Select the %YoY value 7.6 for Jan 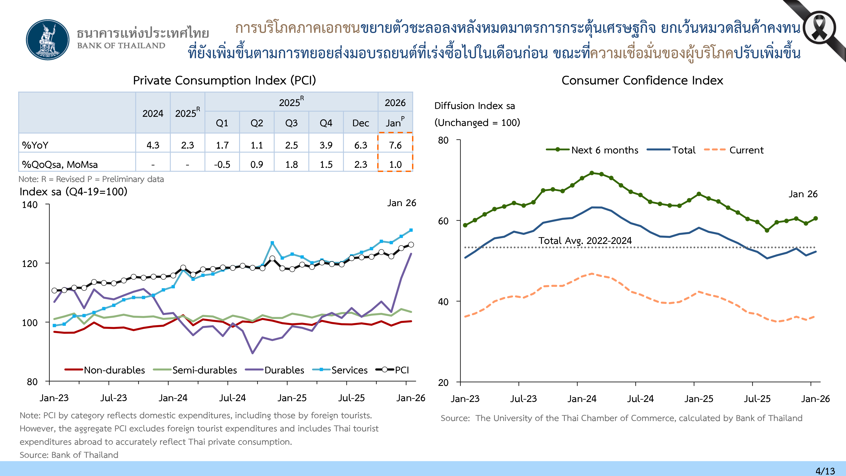(x=395, y=145)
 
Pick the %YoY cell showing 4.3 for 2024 (x=153, y=145)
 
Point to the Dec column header (x=361, y=123)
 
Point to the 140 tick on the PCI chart (x=30, y=205)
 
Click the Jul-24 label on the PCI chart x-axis (x=232, y=398)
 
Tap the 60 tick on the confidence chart (x=443, y=221)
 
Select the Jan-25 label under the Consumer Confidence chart (x=699, y=399)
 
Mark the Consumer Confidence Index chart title (x=642, y=80)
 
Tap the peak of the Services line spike (x=272, y=243)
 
